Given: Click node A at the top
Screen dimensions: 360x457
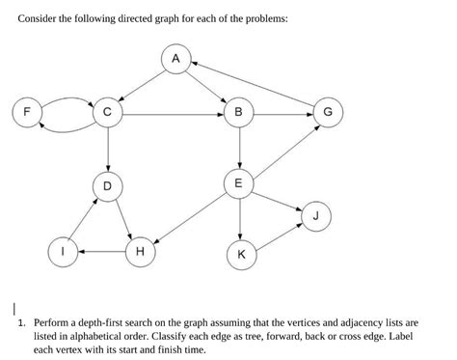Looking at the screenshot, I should coord(175,59).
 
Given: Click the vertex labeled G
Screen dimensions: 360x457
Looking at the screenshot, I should coord(328,112).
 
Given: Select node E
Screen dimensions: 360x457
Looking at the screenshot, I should coord(238,182).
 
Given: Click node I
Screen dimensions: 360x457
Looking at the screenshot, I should coord(63,252).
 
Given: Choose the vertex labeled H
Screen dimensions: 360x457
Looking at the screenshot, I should coord(140,252).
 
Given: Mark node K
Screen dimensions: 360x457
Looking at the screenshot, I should coord(240,255).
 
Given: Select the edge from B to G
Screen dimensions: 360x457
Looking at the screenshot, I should coord(282,112).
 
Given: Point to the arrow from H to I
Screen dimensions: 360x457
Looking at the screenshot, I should coord(101,252).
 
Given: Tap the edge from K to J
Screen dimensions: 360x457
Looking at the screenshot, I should coord(279,236).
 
